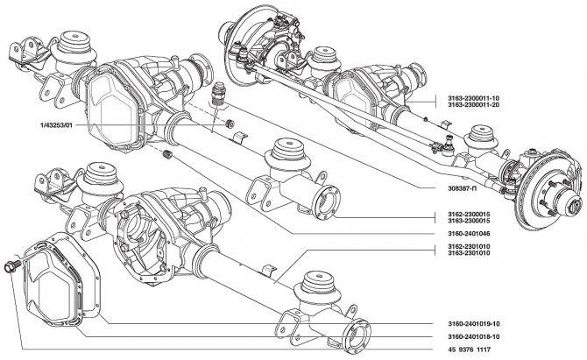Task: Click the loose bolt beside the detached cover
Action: pyautogui.click(x=12, y=265)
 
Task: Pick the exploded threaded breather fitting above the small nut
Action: pyautogui.click(x=221, y=90)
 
